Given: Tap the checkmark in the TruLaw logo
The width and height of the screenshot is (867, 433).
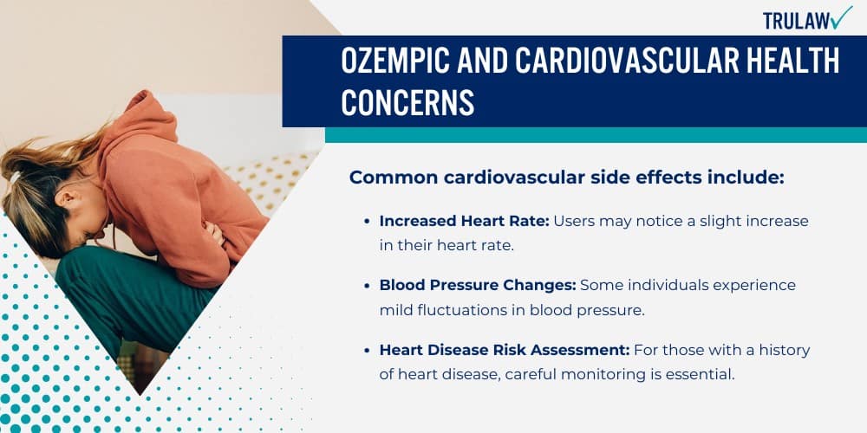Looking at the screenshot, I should point(841,16).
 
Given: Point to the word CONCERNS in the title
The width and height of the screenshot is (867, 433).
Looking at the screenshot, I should point(407,102).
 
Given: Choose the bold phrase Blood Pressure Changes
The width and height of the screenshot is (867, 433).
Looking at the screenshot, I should point(478,285).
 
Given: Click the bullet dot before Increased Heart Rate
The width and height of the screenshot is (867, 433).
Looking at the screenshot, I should point(367,222).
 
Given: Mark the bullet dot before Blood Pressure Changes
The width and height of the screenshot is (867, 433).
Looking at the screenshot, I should point(367,286).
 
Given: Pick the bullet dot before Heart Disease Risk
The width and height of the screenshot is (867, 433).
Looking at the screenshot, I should point(367,350).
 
